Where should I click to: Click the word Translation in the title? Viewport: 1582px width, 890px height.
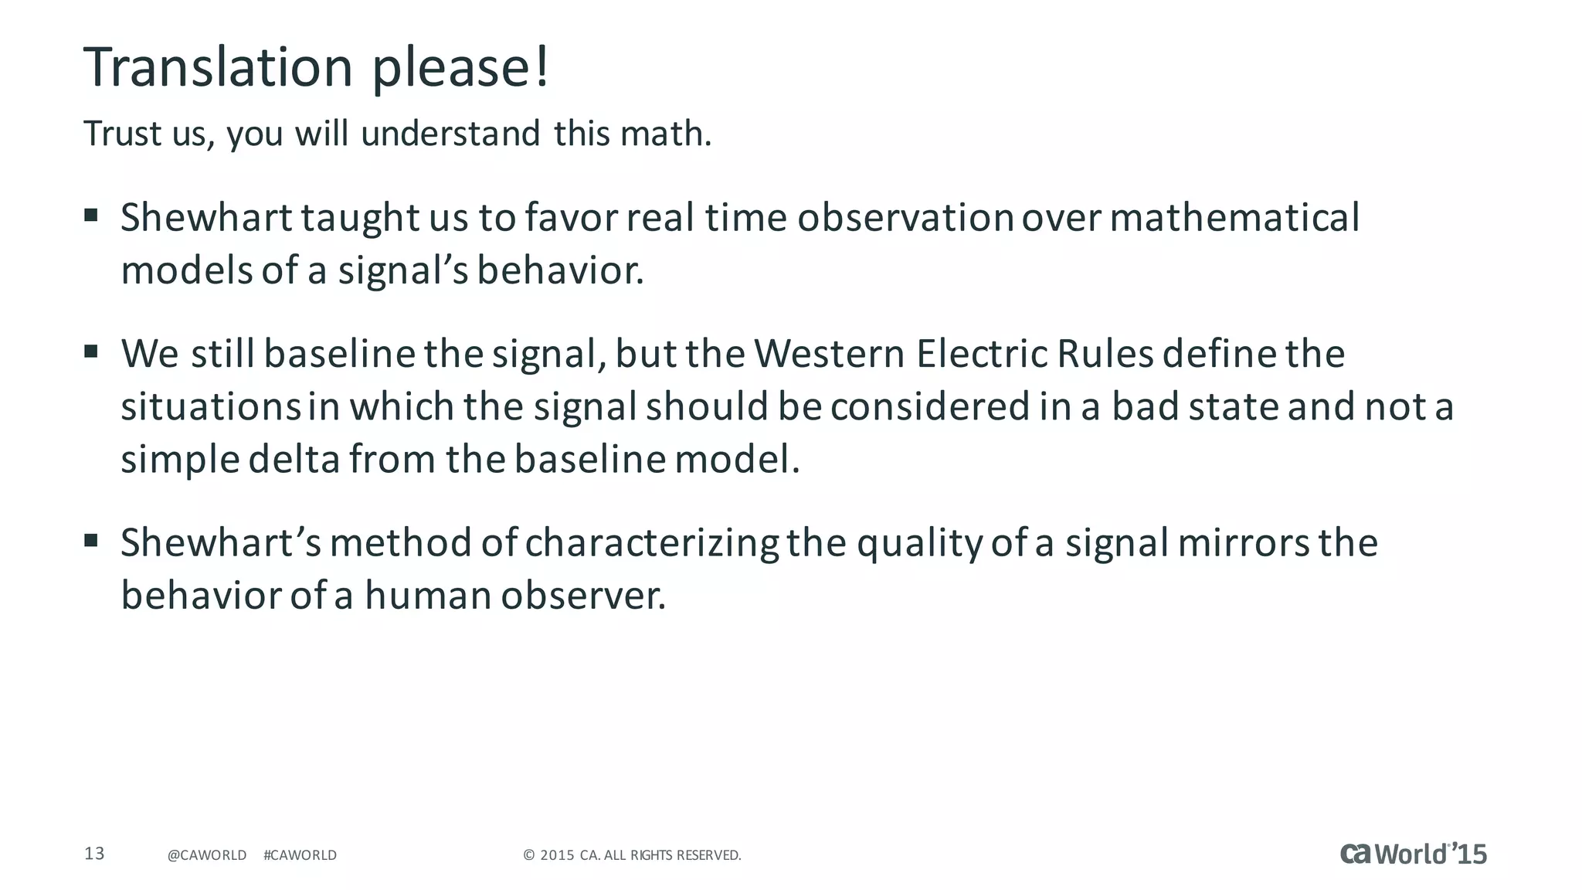point(218,67)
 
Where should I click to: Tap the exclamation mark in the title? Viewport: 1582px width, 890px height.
point(542,67)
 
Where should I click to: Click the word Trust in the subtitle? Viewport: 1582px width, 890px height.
point(123,134)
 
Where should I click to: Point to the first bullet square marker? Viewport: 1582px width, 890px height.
point(91,215)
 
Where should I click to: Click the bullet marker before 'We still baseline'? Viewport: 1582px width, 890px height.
point(91,352)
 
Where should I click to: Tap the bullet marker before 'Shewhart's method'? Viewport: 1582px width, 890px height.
point(91,540)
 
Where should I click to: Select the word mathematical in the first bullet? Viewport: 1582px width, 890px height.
point(1234,217)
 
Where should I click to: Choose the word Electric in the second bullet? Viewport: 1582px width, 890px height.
point(982,354)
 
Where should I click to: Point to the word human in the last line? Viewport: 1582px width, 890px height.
point(428,596)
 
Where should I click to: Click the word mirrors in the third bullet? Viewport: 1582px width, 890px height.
point(1244,543)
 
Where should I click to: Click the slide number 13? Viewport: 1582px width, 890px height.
point(94,854)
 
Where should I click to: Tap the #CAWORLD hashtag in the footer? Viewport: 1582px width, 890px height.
point(300,855)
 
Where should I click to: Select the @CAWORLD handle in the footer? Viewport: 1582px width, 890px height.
point(207,855)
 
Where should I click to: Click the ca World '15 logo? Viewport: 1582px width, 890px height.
point(1413,854)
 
